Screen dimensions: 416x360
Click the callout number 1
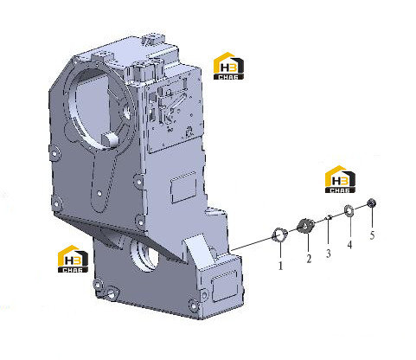click(x=280, y=266)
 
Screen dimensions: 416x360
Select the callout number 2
click(x=309, y=259)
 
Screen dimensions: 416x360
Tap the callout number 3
click(x=329, y=254)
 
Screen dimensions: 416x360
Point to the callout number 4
click(x=349, y=245)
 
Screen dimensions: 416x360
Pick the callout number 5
click(x=372, y=235)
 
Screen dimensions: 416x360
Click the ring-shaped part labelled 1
click(x=279, y=235)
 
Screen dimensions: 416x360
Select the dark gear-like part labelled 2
click(x=306, y=225)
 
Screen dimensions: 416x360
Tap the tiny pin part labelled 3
click(x=329, y=217)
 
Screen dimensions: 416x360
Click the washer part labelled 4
click(x=349, y=211)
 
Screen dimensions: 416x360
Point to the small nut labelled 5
click(x=372, y=203)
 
